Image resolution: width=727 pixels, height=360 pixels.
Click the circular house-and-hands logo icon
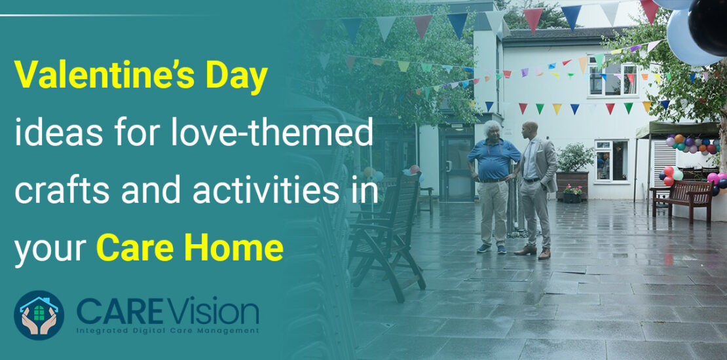(39, 315)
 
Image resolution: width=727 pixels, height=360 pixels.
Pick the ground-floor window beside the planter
(611, 160)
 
